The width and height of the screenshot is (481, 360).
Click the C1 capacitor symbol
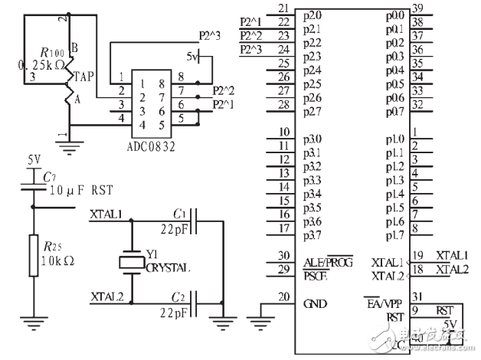pyautogui.click(x=196, y=222)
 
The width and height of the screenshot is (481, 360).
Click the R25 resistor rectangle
pyautogui.click(x=33, y=256)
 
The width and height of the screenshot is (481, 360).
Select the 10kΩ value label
pyautogui.click(x=57, y=260)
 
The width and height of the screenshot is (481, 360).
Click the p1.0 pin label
pyautogui.click(x=394, y=139)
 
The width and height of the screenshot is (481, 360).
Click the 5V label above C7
pyautogui.click(x=34, y=160)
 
